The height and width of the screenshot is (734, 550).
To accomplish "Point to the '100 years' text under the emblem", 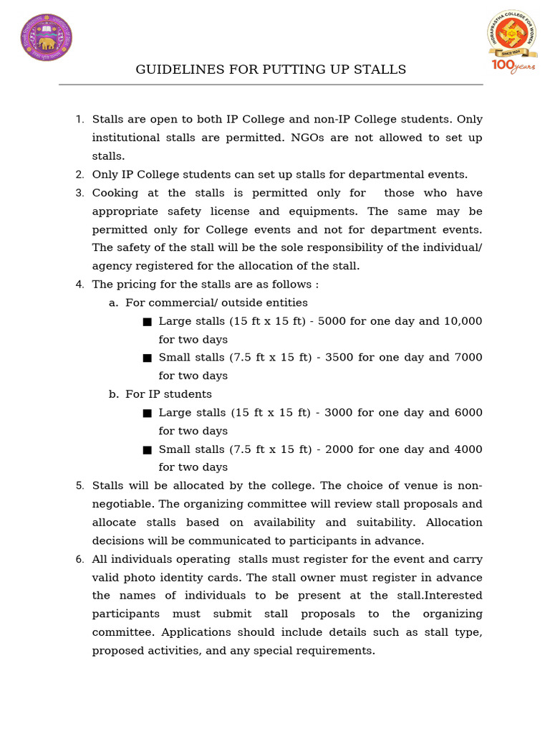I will [511, 66].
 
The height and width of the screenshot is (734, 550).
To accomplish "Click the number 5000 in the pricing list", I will [332, 321].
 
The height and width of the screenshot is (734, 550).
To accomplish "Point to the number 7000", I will [468, 357].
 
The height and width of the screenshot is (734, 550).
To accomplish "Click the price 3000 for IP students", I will [332, 412].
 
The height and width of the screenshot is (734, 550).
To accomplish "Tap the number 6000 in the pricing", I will [468, 412].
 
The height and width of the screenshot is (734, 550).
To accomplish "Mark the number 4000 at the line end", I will [468, 449].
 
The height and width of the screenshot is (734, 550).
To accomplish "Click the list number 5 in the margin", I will [79, 486].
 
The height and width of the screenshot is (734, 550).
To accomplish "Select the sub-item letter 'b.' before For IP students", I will [114, 394].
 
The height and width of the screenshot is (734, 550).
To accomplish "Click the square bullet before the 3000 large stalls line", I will [147, 413].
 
